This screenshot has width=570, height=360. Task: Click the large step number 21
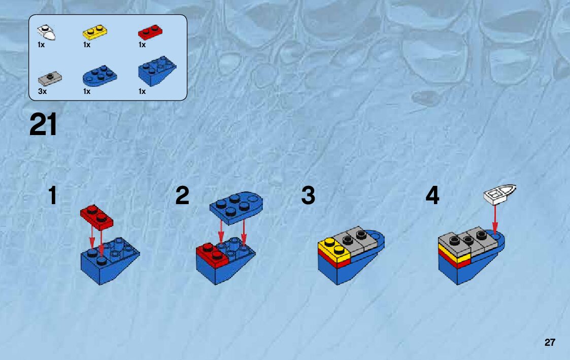43,124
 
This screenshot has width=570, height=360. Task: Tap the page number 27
550,342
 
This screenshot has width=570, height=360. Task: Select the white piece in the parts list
47,32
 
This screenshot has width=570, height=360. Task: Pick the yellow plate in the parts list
95,32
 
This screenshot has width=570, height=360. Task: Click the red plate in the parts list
150,32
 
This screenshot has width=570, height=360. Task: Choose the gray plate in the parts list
50,78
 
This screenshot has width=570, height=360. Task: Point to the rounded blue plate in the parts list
99,76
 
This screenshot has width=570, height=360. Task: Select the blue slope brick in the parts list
157,71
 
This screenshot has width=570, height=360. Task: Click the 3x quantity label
43,91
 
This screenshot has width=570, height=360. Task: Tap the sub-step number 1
53,195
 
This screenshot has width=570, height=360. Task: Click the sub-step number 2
182,195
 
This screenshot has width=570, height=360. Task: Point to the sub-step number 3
308,195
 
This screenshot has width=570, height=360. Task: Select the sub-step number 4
432,195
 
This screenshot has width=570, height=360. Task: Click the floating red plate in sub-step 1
96,217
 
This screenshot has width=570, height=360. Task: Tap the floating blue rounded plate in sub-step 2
236,208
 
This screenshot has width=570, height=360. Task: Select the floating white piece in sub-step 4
500,193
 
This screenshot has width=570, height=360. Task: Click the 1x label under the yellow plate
86,45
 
